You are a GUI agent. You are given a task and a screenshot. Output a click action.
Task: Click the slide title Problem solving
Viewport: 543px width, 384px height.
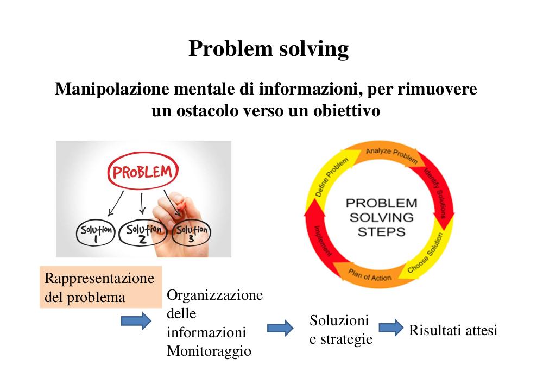coord(268,48)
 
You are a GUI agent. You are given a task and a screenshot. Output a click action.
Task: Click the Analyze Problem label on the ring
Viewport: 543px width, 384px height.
coord(392,155)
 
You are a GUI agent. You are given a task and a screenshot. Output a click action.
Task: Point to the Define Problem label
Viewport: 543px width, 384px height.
coord(331,177)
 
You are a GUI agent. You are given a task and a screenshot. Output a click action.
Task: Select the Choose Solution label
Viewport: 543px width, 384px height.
coord(425,253)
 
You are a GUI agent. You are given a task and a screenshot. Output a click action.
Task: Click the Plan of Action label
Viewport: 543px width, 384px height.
coord(369,275)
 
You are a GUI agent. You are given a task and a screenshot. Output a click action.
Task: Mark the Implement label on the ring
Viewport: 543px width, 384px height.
coord(323,241)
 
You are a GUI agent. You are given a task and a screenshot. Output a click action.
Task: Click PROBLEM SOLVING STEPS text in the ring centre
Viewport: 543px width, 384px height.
coord(381,217)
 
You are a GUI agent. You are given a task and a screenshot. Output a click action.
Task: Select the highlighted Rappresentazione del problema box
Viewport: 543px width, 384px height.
coord(101,287)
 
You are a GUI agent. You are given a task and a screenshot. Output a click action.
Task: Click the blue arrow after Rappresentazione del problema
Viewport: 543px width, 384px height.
coord(136,320)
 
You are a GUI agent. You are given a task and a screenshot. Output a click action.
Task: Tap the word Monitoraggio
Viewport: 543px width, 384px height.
coord(209,351)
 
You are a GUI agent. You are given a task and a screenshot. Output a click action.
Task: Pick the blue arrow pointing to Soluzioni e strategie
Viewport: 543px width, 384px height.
coord(280,328)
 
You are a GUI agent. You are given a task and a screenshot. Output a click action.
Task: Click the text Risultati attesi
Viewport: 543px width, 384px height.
coord(453,330)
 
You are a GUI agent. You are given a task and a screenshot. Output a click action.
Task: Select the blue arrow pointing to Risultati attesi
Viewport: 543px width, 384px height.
coord(392,327)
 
